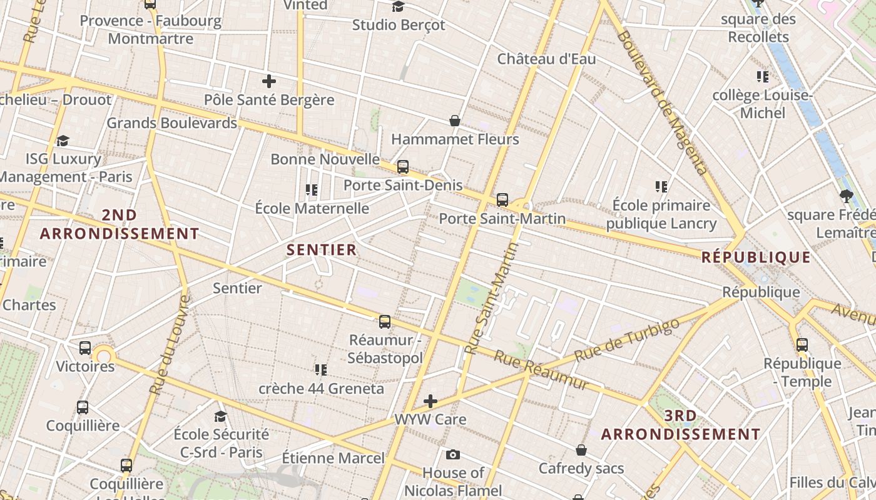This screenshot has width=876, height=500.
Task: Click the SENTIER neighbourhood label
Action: pos(322,250)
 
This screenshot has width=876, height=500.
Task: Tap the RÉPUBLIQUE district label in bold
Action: pos(756,257)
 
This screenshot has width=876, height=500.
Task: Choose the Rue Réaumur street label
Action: pos(541,369)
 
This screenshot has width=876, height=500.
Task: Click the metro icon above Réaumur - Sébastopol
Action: pos(385,322)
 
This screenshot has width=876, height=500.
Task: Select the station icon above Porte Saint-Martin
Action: pos(502,200)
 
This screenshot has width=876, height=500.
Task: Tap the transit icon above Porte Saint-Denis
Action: pos(403,167)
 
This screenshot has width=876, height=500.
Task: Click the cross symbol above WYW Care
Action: pos(430,401)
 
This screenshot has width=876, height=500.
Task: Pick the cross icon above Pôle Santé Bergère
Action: pos(269,81)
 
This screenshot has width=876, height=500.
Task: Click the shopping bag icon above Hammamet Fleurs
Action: pos(455,121)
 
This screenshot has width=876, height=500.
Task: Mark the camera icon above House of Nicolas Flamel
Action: pos(453,454)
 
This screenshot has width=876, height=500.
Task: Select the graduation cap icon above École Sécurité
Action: pos(220,416)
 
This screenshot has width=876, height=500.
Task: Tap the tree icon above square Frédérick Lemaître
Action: pos(846,196)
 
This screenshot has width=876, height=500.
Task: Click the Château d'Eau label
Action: pos(546,59)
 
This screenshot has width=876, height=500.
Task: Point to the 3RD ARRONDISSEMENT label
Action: pos(681,425)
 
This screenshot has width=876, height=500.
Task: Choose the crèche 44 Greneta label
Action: pos(322,389)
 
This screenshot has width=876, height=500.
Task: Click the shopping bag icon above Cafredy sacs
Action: pos(581,450)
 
